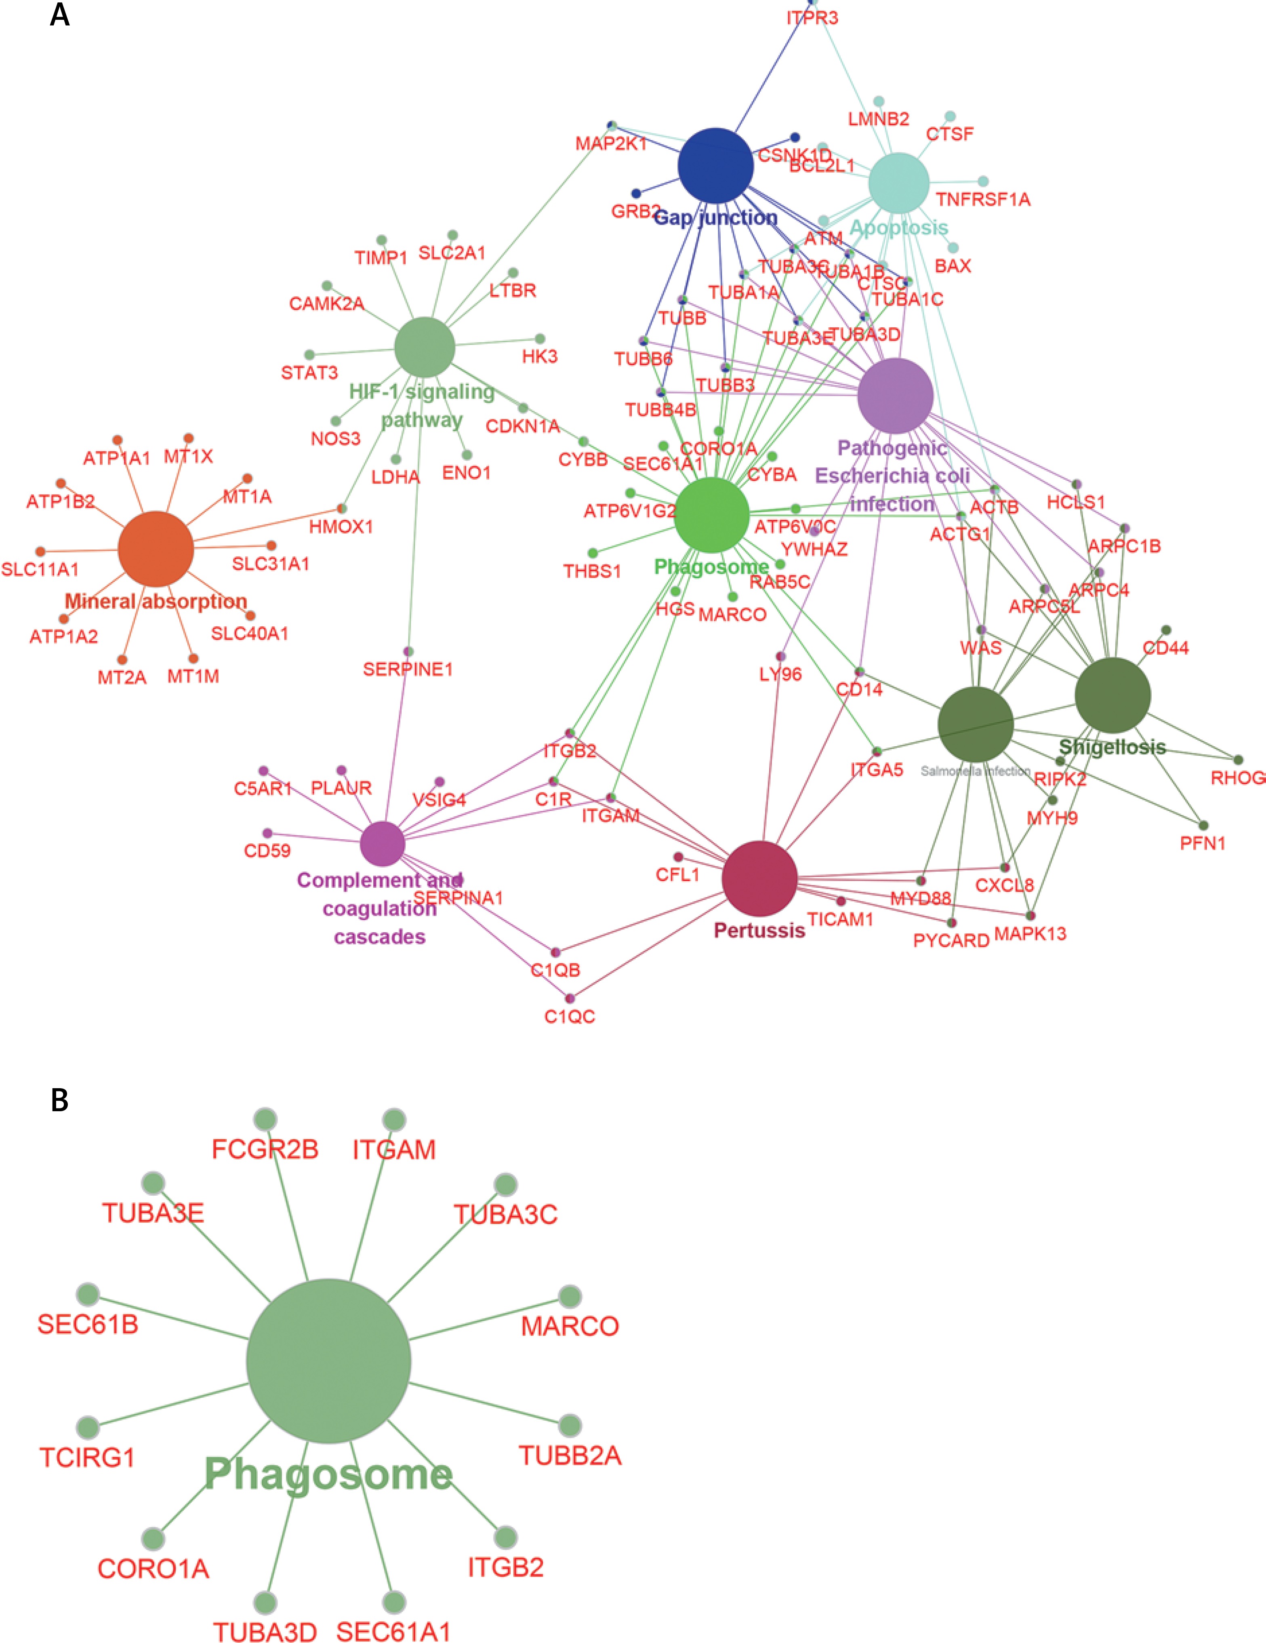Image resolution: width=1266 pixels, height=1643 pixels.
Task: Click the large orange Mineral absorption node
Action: [x=156, y=549]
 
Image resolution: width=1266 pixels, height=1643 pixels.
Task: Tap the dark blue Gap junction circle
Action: [x=715, y=166]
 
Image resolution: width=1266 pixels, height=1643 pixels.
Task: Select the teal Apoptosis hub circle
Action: [x=899, y=183]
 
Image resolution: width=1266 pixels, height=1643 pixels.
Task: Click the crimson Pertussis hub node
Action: [x=759, y=878]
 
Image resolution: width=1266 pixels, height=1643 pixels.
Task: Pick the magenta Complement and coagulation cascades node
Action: [x=382, y=843]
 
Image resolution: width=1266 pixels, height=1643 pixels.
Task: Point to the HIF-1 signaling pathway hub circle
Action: [x=425, y=347]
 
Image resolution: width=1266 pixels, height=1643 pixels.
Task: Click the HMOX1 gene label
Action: [x=341, y=527]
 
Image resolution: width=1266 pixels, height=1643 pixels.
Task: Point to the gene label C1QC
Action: [x=570, y=1017]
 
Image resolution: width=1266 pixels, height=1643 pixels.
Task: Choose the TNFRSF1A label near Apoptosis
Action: [x=982, y=199]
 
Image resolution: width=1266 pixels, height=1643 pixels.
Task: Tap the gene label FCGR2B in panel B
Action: [x=265, y=1150]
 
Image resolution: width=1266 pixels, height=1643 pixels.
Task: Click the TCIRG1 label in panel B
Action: [x=87, y=1458]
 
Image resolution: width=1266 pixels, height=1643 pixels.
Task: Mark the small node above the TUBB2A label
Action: [x=570, y=1425]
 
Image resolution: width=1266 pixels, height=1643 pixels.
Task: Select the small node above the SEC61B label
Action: [x=88, y=1295]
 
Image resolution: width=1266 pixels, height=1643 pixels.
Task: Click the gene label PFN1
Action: [x=1202, y=843]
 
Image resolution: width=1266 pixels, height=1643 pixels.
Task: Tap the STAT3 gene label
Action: [x=309, y=373]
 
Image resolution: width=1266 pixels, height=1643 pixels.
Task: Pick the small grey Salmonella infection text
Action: [x=975, y=771]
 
